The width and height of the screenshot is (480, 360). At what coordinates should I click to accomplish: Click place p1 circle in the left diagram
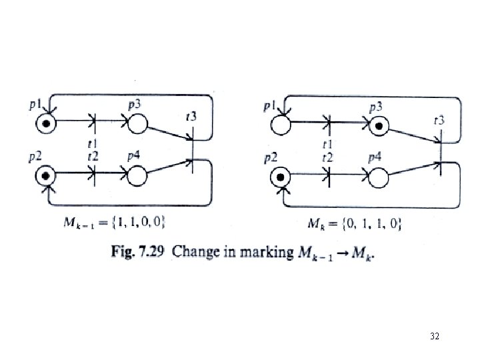45,123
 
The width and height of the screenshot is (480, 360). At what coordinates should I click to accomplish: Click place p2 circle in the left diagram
45,175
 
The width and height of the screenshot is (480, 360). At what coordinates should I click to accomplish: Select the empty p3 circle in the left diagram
137,123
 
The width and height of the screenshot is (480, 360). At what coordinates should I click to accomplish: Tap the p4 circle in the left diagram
137,175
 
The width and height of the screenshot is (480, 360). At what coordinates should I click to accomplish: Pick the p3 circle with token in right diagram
379,124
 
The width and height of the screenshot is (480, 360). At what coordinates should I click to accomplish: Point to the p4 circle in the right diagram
378,177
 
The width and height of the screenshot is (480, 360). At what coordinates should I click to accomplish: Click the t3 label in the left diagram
191,117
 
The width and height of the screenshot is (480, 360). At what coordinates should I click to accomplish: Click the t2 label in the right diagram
327,157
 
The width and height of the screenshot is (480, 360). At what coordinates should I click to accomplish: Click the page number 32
434,338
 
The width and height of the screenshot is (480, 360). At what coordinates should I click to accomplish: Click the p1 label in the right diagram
269,105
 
